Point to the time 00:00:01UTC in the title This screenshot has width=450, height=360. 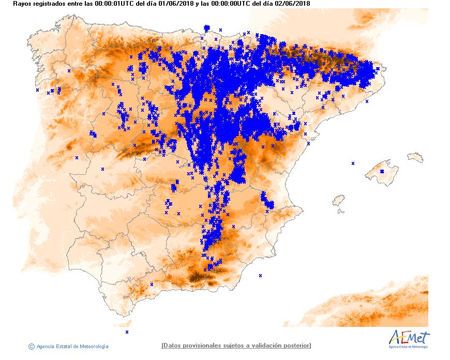point(115,4)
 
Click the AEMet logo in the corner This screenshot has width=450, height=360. point(409,339)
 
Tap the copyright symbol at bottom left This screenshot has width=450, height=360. point(32,346)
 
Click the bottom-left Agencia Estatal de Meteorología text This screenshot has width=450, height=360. point(72,347)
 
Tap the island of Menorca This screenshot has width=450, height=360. point(415,157)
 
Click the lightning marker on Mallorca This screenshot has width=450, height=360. point(382,171)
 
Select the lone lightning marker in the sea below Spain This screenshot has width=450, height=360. point(127,332)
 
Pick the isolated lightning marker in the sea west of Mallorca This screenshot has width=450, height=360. point(353,163)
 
